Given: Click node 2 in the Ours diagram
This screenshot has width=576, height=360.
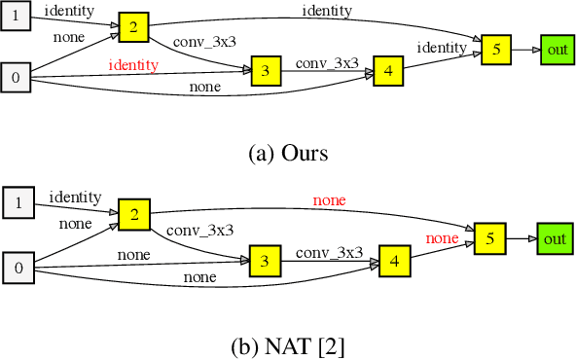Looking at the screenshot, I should [x=133, y=27].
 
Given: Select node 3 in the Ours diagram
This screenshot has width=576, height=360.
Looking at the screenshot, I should [x=266, y=69].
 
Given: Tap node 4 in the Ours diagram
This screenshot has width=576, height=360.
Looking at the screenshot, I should [x=387, y=70].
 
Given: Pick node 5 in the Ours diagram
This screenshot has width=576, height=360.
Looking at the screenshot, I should [x=495, y=50].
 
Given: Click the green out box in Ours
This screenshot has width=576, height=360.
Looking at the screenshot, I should [x=556, y=50].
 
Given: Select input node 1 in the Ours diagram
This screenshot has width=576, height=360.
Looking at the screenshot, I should [x=15, y=17].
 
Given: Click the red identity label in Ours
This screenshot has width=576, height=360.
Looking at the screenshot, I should [x=133, y=64].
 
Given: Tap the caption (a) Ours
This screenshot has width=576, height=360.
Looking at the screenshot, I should [x=288, y=153].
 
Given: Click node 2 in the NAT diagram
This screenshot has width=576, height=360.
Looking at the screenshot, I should [x=133, y=214].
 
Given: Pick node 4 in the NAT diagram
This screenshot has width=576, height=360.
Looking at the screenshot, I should [x=394, y=261].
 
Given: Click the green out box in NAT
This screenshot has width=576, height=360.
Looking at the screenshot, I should [x=555, y=237].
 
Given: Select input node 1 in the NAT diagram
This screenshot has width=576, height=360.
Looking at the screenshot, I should [x=18, y=203].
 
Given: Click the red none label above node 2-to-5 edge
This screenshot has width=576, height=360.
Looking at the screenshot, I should [x=329, y=200].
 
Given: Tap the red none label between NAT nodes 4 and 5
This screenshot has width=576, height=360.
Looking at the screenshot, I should [x=442, y=237].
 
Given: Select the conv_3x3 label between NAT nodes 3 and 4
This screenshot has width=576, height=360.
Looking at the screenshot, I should [x=329, y=252].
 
